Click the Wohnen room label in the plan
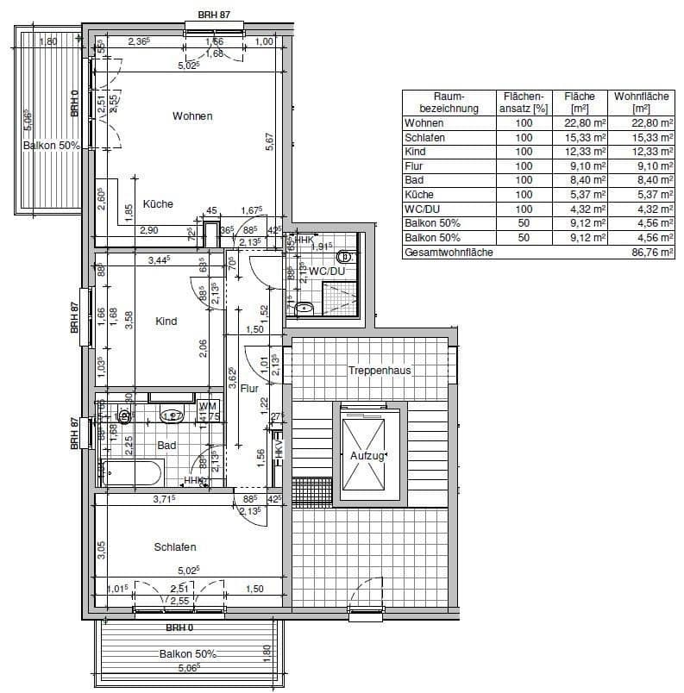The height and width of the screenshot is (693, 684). point(191,116)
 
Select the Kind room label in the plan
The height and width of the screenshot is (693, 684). point(166,322)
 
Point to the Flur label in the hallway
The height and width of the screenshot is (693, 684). point(249,388)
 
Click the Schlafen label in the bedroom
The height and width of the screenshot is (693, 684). point(175,547)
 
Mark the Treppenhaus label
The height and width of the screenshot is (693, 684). point(380,371)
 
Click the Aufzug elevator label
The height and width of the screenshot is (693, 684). point(367,456)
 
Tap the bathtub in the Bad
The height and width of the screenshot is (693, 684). point(132,473)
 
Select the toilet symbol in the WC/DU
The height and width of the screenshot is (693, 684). point(346,256)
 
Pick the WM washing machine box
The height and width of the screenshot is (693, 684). point(206,406)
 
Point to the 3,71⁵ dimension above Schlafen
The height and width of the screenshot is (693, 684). point(164,499)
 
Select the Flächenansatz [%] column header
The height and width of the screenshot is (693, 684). point(523,103)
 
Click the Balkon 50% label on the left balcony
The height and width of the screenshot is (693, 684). point(51,146)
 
